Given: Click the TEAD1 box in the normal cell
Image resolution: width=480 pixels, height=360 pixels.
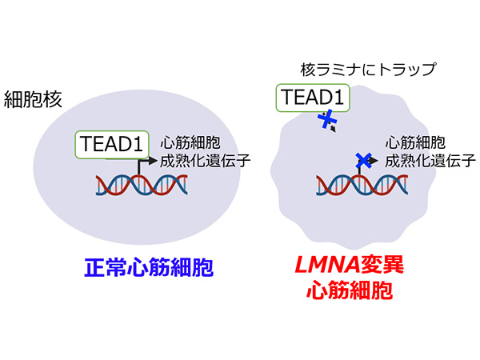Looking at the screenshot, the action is coord(112,145).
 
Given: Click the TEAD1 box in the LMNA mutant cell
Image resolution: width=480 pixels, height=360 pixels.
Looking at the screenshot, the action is coord(313,98).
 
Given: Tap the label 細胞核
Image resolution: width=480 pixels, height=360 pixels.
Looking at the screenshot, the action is coord(33,99).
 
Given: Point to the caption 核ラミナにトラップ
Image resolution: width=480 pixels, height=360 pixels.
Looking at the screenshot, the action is coord(368,70).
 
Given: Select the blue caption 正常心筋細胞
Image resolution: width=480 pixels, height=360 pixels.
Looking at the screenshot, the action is coord(149,267).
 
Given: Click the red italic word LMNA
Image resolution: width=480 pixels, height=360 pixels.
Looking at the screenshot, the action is coord(327,265).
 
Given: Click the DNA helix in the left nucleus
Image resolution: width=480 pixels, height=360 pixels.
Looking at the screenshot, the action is coord(142,185).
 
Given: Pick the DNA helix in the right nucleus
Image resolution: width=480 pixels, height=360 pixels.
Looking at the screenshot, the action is coord(362,185).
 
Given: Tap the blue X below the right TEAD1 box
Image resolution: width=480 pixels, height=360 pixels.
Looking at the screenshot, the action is coord(327,118).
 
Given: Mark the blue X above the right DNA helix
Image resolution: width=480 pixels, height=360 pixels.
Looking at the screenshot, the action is coord(364,161).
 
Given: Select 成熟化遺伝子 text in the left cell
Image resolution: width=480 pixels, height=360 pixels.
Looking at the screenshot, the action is coord(206,161).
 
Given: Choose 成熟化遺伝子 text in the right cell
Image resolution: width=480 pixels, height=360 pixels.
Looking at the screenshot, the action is coord(430,161).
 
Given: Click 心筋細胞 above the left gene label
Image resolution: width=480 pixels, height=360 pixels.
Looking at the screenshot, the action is coord(190,142).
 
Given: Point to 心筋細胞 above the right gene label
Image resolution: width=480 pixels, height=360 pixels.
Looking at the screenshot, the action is coord(415,142).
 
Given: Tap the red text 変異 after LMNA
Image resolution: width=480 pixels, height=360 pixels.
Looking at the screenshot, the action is coord(382,265).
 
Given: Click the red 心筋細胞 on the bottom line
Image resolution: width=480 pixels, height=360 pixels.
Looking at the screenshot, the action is coord(350,290).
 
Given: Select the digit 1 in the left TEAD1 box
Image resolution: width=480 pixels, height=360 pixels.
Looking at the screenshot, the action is coord(138,144).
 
